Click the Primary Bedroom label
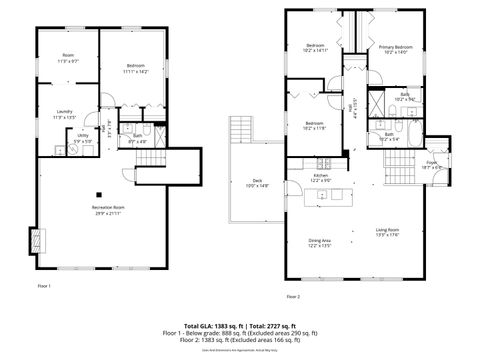coord(395,47)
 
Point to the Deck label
coord(257,180)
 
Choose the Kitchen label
coord(321,175)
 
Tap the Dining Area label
coord(320,240)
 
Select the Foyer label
coord(432,161)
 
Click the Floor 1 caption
coord(44,287)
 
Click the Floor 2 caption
coord(293,297)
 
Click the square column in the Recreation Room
coord(98,194)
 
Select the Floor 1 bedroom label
coord(135,66)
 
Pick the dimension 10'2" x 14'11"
coord(316,51)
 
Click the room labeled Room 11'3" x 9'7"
coord(68,57)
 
